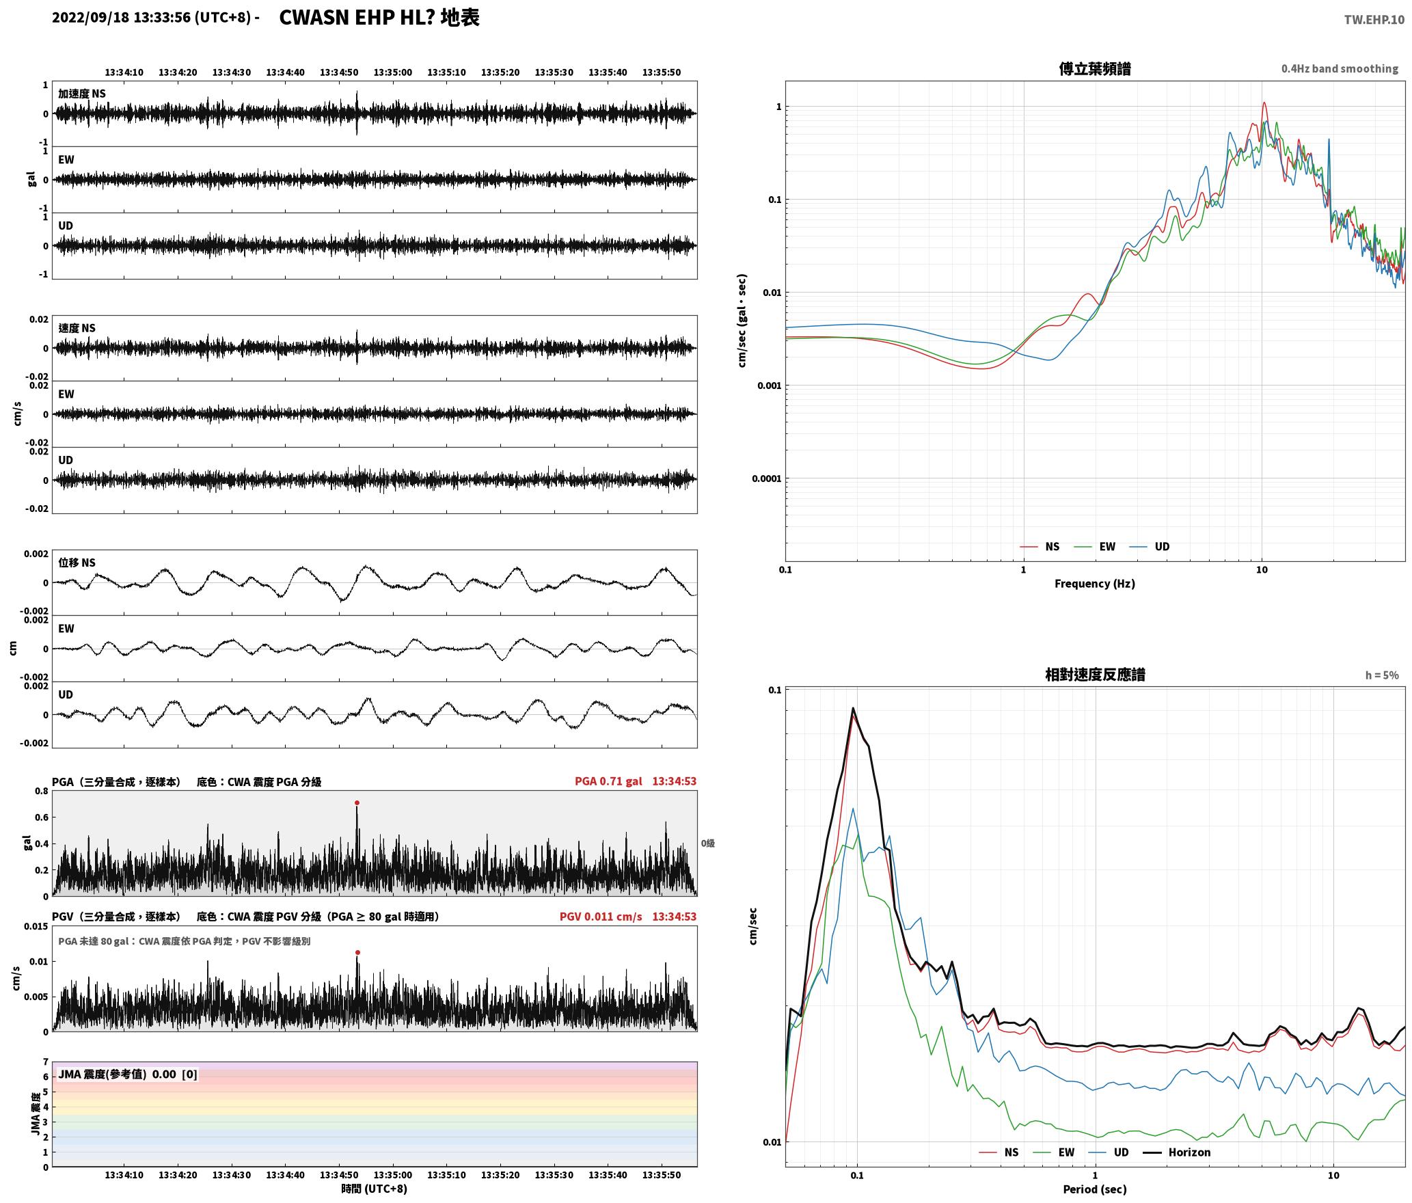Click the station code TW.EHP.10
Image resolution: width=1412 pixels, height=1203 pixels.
point(1374,19)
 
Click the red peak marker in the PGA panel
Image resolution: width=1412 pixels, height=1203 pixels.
point(357,803)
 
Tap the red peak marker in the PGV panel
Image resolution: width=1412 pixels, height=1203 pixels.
point(357,952)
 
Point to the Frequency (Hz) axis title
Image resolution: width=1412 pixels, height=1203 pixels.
point(1094,583)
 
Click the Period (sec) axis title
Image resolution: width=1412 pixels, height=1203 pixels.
point(1094,1189)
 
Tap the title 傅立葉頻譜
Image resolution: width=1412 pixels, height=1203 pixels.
point(1094,68)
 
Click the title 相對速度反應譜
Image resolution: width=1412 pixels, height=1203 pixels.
point(1095,675)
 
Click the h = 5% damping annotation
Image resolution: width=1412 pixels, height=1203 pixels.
point(1382,675)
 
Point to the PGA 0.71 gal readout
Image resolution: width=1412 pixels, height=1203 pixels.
point(608,781)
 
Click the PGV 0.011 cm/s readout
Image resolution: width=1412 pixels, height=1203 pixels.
point(601,917)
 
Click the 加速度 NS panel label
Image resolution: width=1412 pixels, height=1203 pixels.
point(82,94)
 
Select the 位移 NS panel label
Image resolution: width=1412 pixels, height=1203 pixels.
point(77,563)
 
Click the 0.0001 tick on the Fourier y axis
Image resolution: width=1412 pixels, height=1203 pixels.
point(766,478)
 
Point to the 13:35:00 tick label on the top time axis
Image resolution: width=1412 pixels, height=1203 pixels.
point(393,72)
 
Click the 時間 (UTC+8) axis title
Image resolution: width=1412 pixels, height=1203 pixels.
point(375,1189)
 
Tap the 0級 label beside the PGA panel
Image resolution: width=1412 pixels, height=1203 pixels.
point(707,843)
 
